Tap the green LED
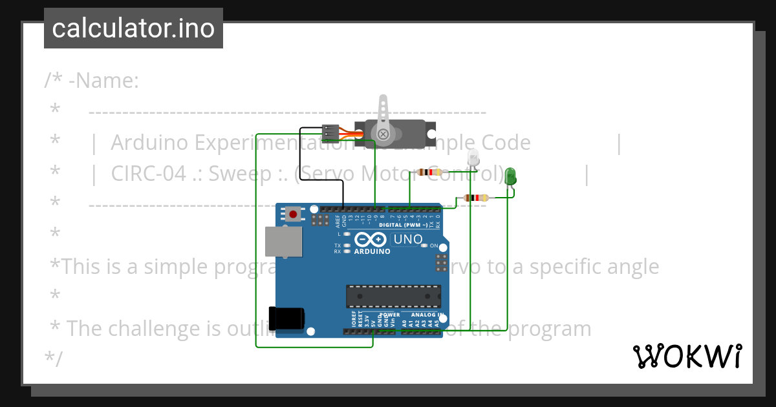[510, 175]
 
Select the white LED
[473, 157]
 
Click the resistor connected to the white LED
[429, 172]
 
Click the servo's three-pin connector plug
[330, 132]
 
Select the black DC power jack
[287, 318]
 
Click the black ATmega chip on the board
[393, 295]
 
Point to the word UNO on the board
[408, 239]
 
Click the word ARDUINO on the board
[372, 251]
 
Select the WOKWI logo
[687, 356]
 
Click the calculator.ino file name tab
[133, 28]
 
